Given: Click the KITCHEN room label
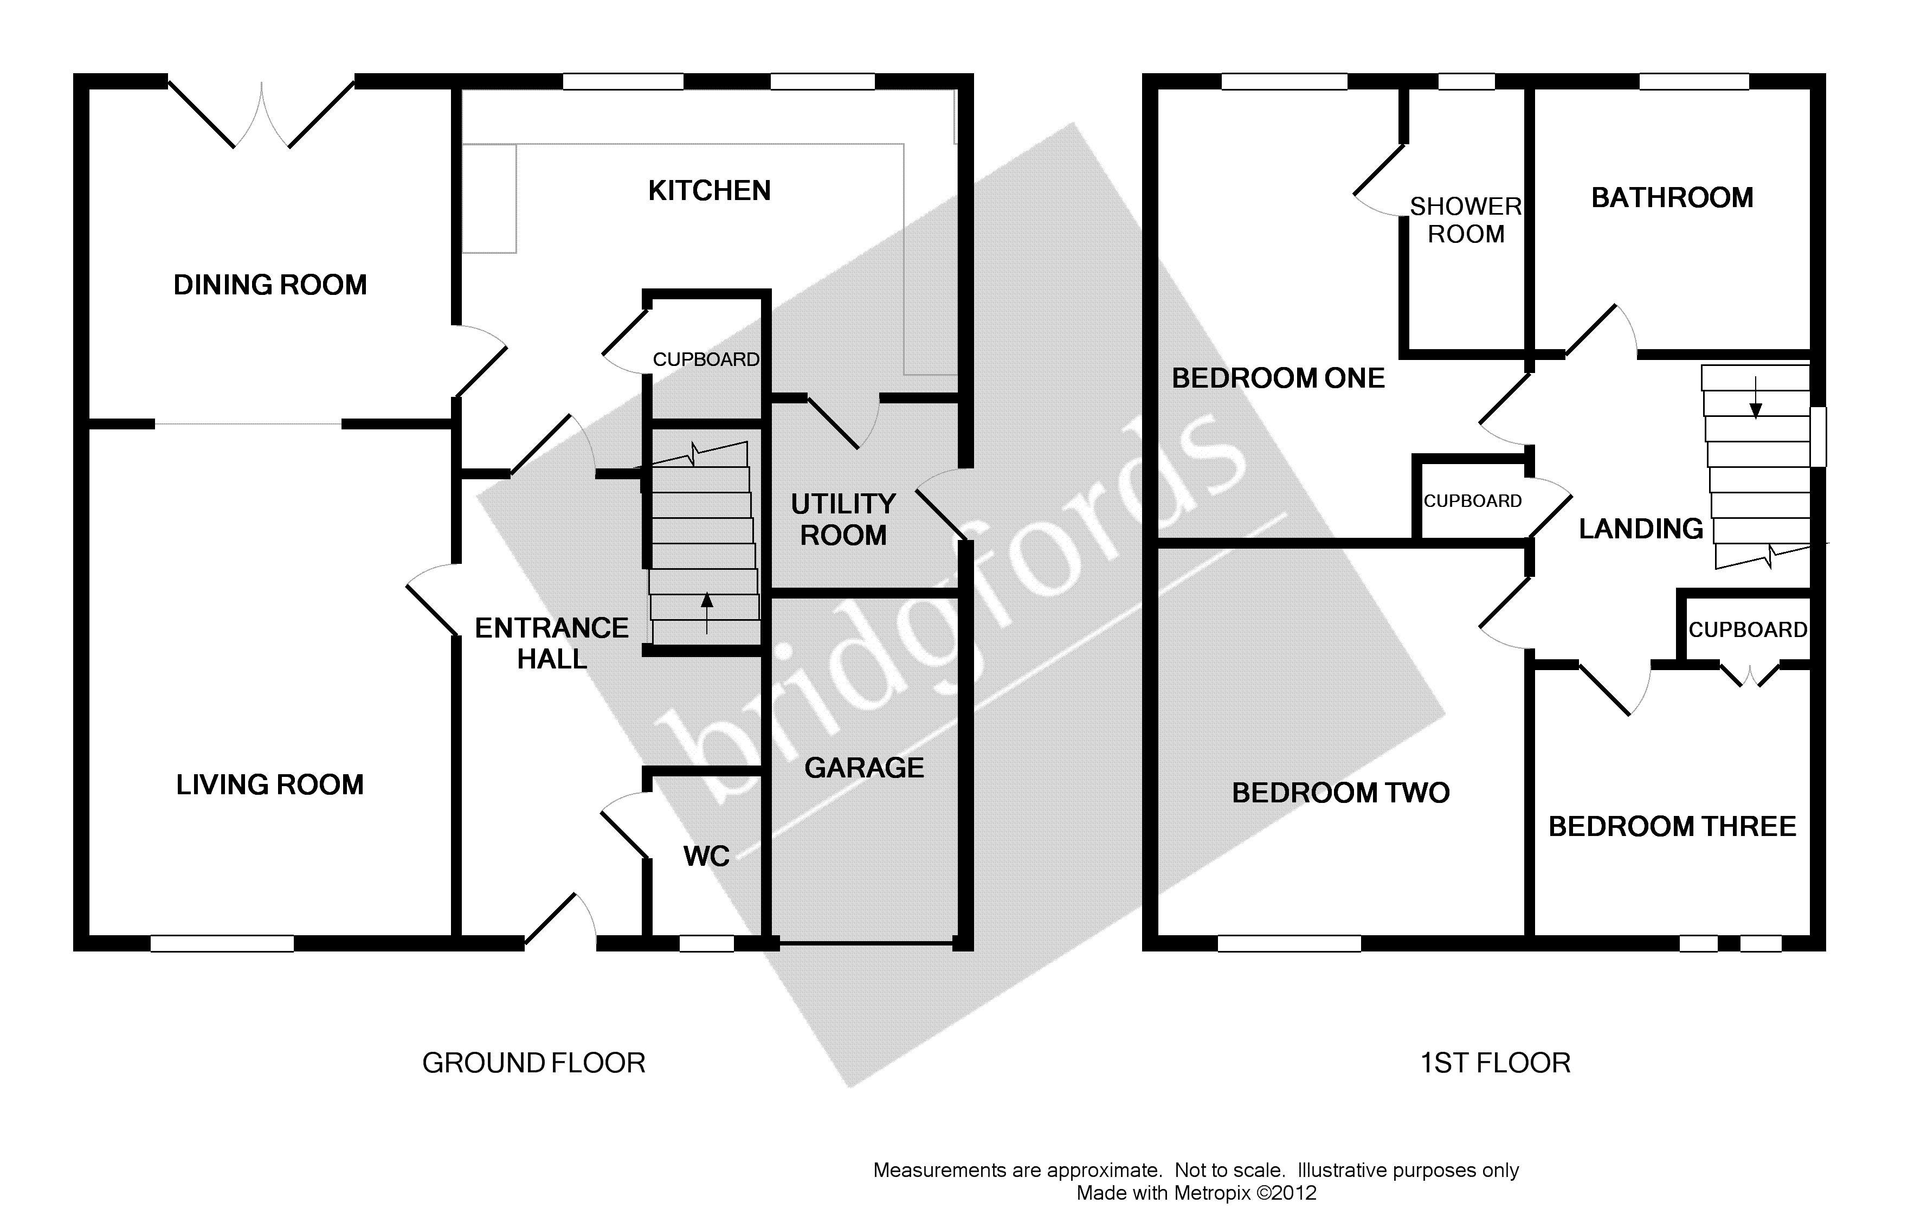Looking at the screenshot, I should (708, 191).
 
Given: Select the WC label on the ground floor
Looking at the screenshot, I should (706, 856).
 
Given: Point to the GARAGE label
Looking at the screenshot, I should (864, 768).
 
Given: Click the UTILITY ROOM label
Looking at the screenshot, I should (843, 519).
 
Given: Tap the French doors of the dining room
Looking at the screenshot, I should (262, 115).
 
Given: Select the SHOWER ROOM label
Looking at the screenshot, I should (1466, 220).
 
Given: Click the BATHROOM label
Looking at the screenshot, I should (1672, 198).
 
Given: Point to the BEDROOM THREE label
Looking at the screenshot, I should (1672, 827).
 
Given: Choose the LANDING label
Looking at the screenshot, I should (1641, 529).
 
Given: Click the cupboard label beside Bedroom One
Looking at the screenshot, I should (1473, 501).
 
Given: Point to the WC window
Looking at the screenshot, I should (706, 944).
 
